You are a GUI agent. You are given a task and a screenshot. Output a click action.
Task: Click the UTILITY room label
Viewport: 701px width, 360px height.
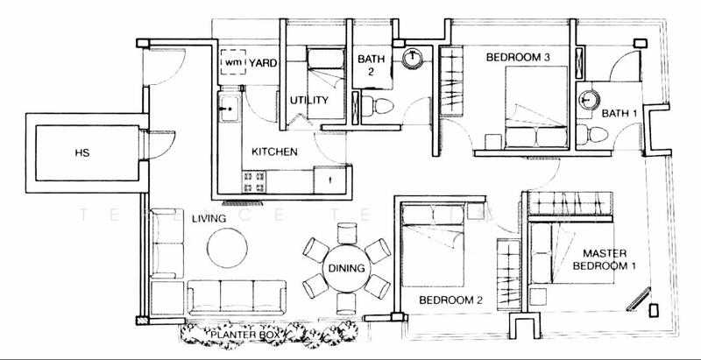point(308,101)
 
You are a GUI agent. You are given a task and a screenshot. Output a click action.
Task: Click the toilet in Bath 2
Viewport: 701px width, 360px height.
point(380,106)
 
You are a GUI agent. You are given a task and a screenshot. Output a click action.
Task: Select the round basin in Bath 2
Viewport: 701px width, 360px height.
point(413,59)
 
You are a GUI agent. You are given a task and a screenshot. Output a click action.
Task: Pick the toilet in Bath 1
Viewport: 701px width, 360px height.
point(598,133)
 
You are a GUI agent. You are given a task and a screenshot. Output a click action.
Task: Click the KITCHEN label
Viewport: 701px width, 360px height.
point(274,152)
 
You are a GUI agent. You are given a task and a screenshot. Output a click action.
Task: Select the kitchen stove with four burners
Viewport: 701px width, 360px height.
point(254,181)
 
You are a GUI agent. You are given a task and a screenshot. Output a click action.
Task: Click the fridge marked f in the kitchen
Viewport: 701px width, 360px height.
point(330,180)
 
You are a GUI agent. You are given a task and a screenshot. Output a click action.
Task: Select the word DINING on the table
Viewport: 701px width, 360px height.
point(346,270)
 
